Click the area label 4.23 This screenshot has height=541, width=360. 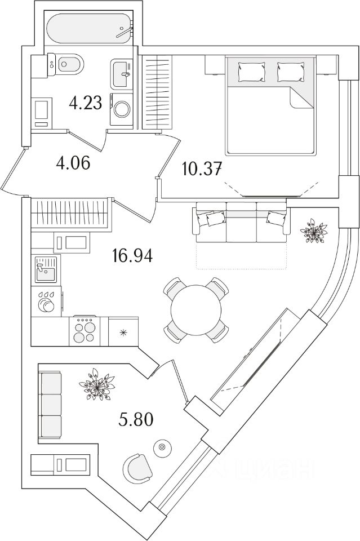click(x=86, y=103)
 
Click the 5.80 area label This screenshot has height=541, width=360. click(x=135, y=419)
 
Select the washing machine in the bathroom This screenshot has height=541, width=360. click(x=121, y=109)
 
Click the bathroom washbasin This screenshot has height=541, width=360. click(x=122, y=72)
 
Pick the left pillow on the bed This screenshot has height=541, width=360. click(x=251, y=72)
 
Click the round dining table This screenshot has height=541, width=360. click(x=197, y=309)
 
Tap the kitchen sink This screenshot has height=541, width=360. click(x=45, y=270)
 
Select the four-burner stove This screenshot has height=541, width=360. click(x=85, y=330)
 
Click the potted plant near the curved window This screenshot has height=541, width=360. click(x=313, y=230)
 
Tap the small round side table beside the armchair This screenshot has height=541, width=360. click(x=162, y=447)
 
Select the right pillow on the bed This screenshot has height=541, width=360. click(x=290, y=72)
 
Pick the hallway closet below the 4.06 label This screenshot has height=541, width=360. click(x=69, y=212)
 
